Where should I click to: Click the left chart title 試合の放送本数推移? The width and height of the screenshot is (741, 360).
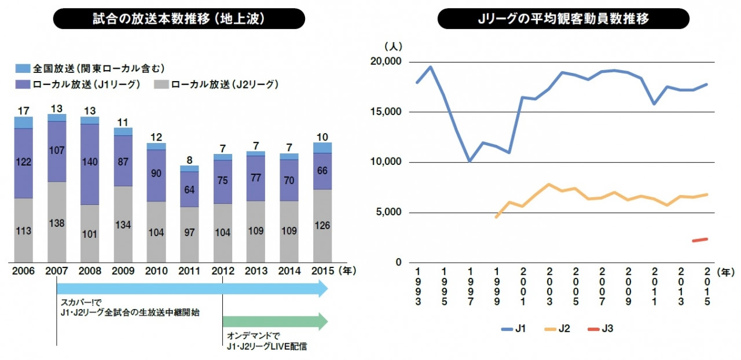coord(179,19)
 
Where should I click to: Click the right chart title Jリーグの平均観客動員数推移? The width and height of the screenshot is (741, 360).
coord(563,19)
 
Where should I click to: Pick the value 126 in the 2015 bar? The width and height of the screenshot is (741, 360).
coord(322,226)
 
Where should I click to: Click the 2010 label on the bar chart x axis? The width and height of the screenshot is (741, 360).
coord(156,270)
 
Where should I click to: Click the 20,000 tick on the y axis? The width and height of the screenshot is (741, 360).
coord(386,62)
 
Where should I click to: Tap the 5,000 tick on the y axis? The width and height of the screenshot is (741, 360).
coord(388,212)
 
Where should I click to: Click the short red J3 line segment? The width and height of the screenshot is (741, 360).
coord(700,240)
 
